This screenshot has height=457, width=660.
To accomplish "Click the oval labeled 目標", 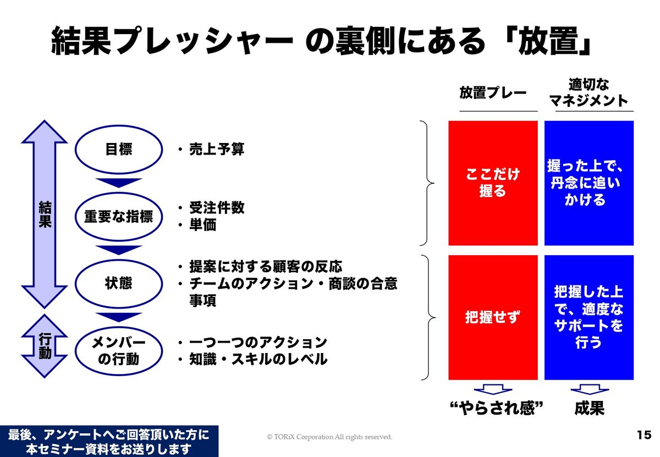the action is point(118,150).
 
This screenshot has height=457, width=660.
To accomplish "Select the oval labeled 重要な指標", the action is point(118,217).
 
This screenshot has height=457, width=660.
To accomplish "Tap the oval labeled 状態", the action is point(118,283).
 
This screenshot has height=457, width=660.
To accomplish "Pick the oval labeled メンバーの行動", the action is point(118,351).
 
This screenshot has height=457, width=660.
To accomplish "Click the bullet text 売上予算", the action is point(217,150).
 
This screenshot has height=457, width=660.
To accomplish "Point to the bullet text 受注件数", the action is point(217,208).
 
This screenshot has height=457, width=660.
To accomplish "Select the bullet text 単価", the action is point(203,225).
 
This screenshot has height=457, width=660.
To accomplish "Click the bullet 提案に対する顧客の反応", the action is point(266,267).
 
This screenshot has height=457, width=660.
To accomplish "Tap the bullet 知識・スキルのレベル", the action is point(258,359).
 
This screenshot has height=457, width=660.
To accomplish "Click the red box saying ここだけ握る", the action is point(493,183).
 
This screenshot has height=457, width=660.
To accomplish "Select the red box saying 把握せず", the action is point(493,318).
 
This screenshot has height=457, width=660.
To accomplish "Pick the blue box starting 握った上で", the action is point(589,183).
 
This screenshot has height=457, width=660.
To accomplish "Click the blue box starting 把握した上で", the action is point(589,318).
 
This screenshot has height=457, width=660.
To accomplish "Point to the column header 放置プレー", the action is point(493,93).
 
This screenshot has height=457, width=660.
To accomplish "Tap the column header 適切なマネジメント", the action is point(588,93).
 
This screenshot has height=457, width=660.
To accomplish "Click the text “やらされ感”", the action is point(497,408).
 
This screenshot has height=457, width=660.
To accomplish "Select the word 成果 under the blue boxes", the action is point(589,408).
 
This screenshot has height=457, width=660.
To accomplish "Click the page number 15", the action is point(644,435).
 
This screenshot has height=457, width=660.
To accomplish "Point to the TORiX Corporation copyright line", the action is point(329,437).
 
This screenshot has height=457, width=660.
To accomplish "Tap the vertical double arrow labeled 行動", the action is point(45,346).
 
